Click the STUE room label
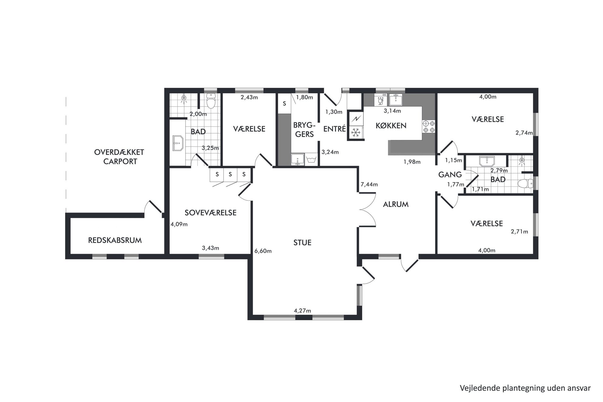pos(302,242)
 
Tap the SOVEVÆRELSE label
pos(210,213)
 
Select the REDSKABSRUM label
pos(115,240)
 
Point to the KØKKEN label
pos(391,125)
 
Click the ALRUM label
pos(396,204)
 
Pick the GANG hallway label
pos(450,175)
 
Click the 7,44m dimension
pos(369,184)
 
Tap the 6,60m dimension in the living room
pos(263,251)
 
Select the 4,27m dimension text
pos(302,311)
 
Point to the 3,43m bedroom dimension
pos(210,248)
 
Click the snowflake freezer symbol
pos(356,132)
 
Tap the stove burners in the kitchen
pos(429,126)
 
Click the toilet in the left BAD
pos(211,100)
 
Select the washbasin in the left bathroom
pos(177,143)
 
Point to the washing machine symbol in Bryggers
pos(312,160)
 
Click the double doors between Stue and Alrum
pos(367,209)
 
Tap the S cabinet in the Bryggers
pos(284,104)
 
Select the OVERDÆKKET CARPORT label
pos(119,157)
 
